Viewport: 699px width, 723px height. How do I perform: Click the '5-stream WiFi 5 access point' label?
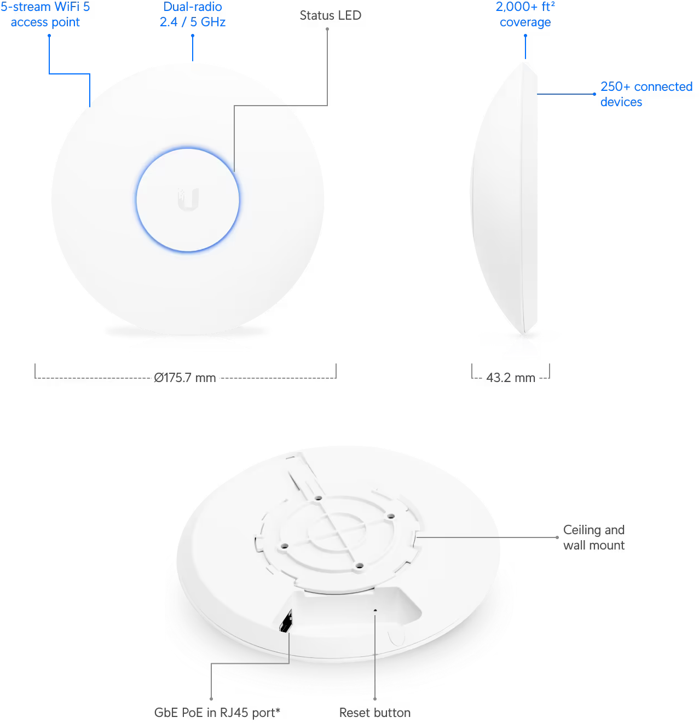(x=45, y=15)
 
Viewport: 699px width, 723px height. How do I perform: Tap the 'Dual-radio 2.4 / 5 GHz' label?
(x=193, y=15)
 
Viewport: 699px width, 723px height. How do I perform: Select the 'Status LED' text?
(x=330, y=15)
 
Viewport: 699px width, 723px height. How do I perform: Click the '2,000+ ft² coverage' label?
(x=525, y=15)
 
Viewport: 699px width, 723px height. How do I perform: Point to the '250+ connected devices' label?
(x=646, y=94)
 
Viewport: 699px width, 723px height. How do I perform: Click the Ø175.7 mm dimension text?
(x=185, y=378)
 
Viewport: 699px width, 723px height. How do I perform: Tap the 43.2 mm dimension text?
(x=511, y=378)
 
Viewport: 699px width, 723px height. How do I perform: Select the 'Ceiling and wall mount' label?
(x=594, y=537)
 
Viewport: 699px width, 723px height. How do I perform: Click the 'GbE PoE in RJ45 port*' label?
(x=217, y=713)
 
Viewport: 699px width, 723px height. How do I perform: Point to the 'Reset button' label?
(x=375, y=713)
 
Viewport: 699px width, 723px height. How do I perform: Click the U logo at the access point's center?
(x=188, y=199)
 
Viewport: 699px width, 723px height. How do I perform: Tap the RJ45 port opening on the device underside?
(x=286, y=621)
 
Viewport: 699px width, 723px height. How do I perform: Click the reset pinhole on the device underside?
(x=375, y=610)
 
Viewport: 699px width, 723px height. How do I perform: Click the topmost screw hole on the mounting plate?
(x=318, y=499)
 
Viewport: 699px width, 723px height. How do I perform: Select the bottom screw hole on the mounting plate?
(x=359, y=565)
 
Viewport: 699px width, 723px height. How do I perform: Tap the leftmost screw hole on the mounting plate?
(x=284, y=546)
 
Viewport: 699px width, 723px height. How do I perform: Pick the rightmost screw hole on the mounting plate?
(x=391, y=516)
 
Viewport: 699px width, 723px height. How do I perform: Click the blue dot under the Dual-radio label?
(x=193, y=36)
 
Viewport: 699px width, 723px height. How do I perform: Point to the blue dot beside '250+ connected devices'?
(x=594, y=94)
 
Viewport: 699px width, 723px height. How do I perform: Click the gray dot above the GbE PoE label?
(x=211, y=698)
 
